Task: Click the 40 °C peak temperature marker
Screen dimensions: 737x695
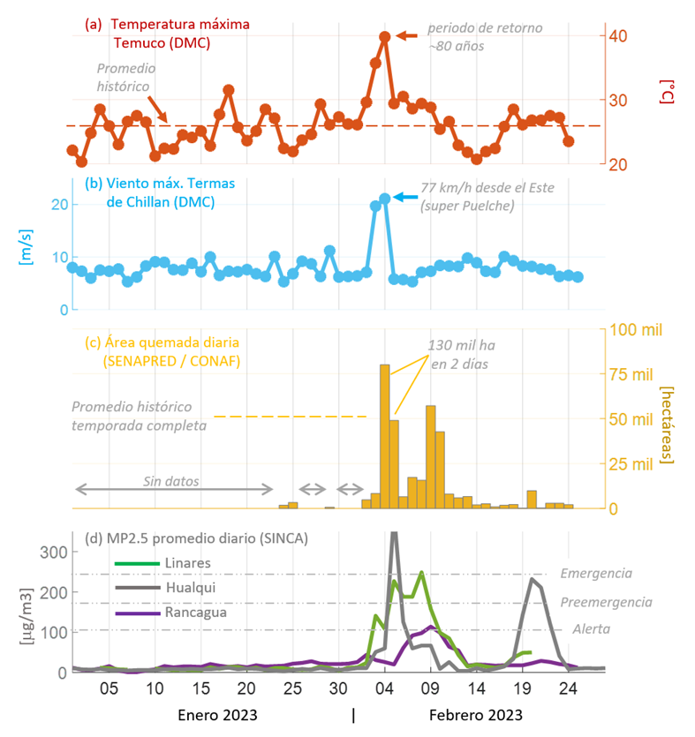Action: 385,37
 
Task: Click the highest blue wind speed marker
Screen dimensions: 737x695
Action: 385,199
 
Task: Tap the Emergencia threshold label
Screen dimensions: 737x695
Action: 596,573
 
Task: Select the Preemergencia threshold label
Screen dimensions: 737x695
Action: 606,602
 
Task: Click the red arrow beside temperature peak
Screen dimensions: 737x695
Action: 406,35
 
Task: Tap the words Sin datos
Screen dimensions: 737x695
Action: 171,482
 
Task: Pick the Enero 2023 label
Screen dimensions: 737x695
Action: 213,714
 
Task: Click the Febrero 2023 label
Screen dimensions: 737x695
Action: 475,714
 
